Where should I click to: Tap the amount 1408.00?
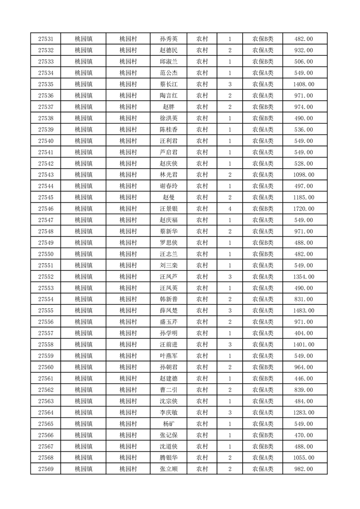tap(304, 84)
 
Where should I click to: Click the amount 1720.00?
tap(304, 209)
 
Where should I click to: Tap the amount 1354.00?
tap(304, 277)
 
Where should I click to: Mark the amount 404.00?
tap(304, 333)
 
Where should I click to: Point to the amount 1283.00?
tap(304, 412)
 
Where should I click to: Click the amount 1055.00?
tap(304, 458)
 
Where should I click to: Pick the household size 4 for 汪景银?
tap(230, 209)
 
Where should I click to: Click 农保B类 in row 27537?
tap(263, 107)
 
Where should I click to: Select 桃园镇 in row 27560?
tap(84, 367)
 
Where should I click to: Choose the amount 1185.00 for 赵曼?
tap(304, 197)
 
